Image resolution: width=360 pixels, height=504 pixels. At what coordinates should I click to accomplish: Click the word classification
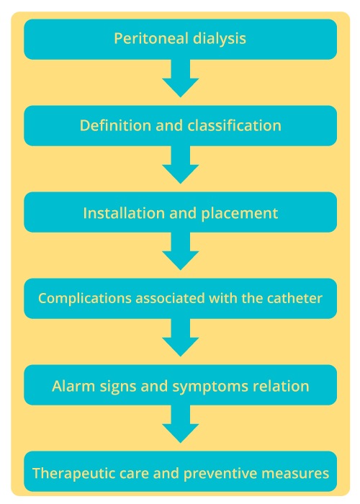pos(234,125)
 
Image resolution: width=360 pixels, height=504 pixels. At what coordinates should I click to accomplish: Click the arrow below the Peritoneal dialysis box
pos(180,79)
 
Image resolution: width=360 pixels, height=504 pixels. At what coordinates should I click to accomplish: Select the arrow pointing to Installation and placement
pos(180,166)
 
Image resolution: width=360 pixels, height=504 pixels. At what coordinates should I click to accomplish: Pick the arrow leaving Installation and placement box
pos(180,252)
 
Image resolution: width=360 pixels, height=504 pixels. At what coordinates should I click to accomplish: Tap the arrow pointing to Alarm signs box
pos(180,338)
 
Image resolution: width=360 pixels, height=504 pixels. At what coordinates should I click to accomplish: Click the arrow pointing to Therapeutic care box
pos(180,425)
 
